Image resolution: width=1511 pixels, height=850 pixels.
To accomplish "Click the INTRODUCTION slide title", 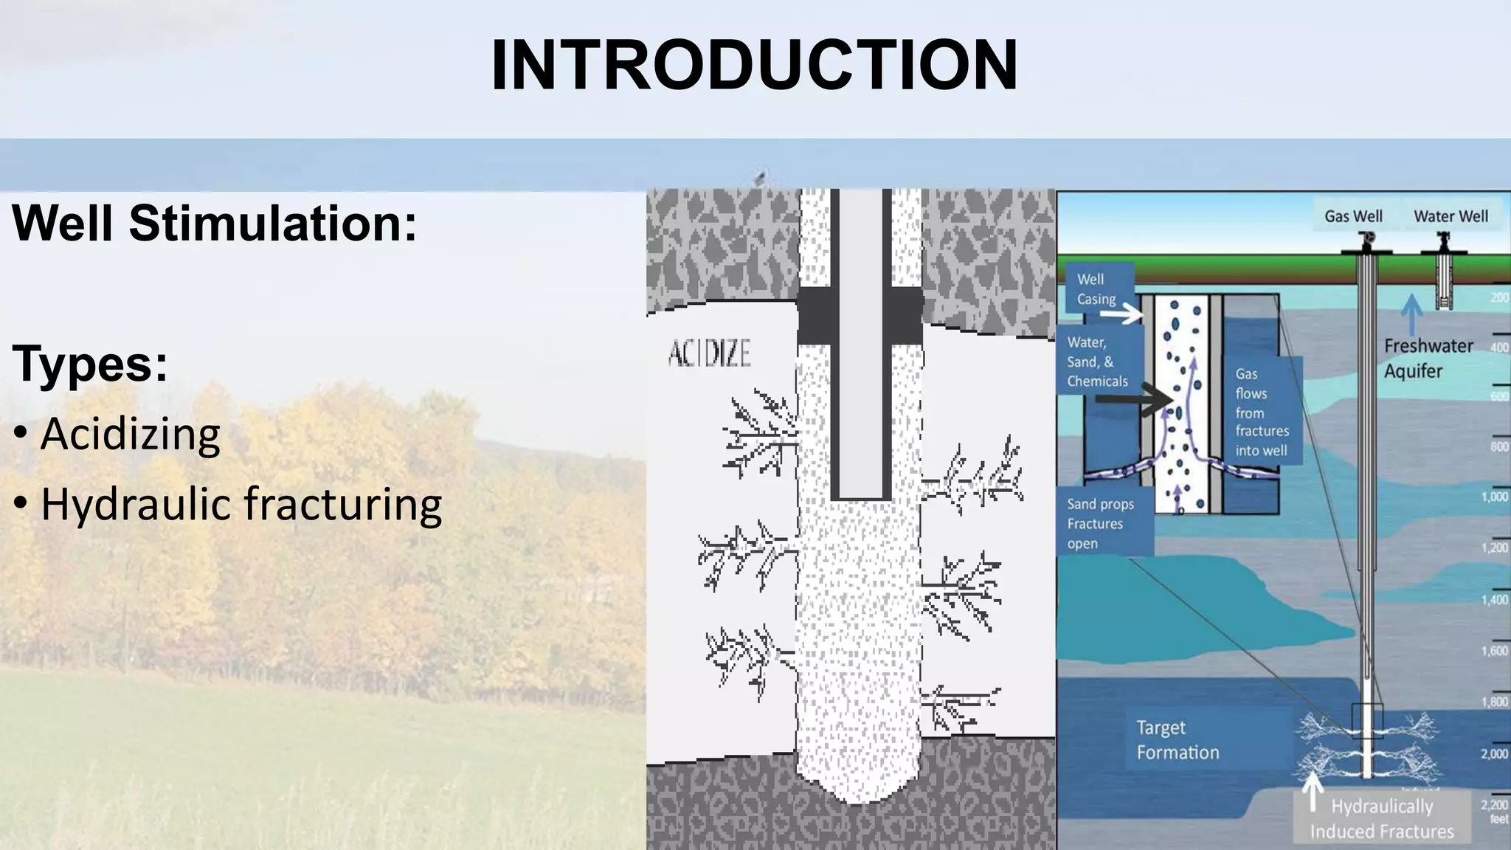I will [754, 65].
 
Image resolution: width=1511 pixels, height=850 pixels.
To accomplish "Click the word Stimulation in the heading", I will [273, 223].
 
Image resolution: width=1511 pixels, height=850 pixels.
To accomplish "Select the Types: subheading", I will [90, 364].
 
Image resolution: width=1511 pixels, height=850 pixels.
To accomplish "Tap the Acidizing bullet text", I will [131, 434].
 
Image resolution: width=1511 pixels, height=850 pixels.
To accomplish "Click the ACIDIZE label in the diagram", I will [709, 353].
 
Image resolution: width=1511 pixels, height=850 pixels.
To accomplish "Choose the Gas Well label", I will [1353, 216].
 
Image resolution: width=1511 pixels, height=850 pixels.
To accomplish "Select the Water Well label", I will [1451, 216].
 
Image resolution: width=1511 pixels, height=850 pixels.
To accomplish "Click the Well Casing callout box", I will [1096, 289].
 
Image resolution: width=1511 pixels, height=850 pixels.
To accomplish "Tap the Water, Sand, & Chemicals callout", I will [1097, 362].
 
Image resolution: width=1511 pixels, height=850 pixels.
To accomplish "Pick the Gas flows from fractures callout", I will [1262, 412].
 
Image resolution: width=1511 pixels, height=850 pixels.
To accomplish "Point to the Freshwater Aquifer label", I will [1428, 358].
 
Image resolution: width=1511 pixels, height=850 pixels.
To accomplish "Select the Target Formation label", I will [1178, 740].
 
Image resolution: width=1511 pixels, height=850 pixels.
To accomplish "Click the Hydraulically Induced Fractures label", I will [1382, 819].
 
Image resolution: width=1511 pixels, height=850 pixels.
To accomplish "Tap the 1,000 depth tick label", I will [1494, 497].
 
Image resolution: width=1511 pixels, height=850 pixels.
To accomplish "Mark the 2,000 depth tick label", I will [1494, 754].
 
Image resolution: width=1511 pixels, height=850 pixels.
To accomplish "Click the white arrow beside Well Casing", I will [1121, 315].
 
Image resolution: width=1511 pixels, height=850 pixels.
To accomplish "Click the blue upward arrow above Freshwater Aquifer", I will [1411, 314].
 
